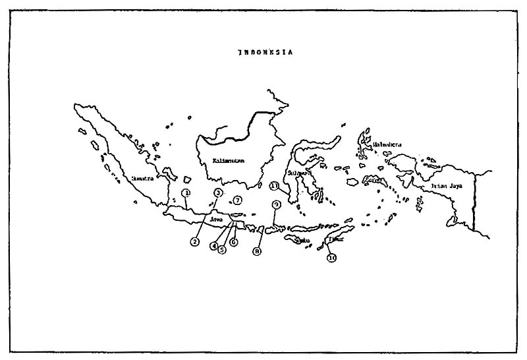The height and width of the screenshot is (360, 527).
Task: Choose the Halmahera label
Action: coord(387,144)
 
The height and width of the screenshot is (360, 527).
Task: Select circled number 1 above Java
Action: coord(186,193)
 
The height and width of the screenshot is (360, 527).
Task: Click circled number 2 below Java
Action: coord(195,242)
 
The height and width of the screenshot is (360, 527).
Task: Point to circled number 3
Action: coord(219,193)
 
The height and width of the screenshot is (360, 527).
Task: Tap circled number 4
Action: coord(214,246)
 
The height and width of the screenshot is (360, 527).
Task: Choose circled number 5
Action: coord(223,250)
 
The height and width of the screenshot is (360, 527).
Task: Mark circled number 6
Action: coord(233,242)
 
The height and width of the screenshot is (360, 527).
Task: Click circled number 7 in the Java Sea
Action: coord(238,200)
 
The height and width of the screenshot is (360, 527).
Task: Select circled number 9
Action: coord(276,205)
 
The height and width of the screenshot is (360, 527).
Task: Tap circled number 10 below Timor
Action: coord(332,258)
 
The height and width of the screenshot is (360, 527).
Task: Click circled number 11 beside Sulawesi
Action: coord(274,186)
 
